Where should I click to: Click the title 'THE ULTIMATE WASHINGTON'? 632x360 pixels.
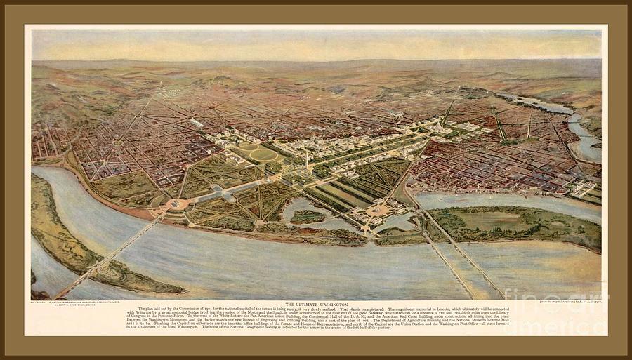pyautogui.click(x=316, y=303)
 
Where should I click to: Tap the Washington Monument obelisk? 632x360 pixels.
pyautogui.click(x=307, y=161)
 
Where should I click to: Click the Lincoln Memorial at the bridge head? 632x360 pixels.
pyautogui.click(x=176, y=204)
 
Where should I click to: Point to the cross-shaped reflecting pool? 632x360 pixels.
pyautogui.click(x=225, y=193)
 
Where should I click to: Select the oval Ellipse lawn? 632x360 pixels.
pyautogui.click(x=263, y=154)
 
